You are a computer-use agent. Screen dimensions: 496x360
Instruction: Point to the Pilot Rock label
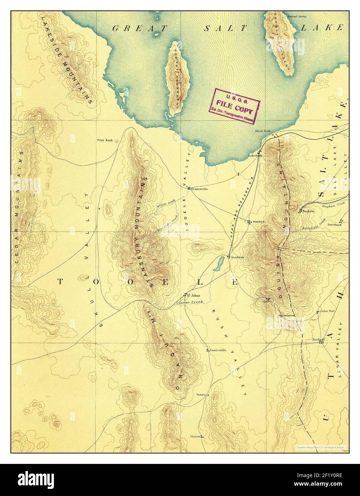coord(105,141)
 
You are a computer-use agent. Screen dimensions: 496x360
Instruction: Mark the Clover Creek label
coord(189,302)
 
